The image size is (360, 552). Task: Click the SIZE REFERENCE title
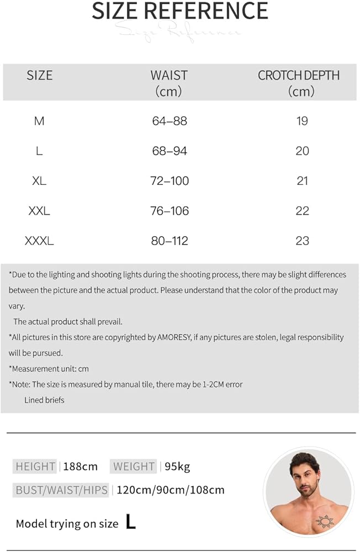pos(180,11)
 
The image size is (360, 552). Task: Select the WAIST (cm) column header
pos(169,83)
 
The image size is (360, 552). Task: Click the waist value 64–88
pos(170,121)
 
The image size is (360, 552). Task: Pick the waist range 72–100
pos(170,181)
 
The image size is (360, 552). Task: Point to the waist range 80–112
pos(170,241)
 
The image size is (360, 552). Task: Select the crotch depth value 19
pos(302,121)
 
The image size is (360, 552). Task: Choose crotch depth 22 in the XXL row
pos(302,211)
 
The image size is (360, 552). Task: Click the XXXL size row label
pos(39,241)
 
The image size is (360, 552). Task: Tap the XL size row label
pos(39,181)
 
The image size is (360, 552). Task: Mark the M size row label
pos(39,121)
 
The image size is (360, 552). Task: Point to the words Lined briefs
pos(44,400)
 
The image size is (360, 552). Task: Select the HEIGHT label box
pos(35,466)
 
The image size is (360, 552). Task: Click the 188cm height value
pos(81,466)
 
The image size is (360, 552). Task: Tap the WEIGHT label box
pos(134,466)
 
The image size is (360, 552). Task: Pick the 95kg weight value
pos(177,466)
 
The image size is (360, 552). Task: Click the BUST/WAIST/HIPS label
pos(61,490)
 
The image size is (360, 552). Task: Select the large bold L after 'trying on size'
pos(130,522)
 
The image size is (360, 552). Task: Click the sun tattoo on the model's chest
pos(325,521)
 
